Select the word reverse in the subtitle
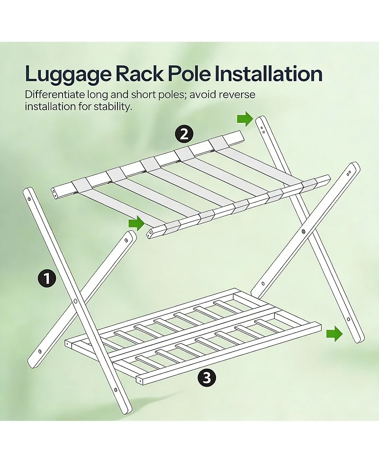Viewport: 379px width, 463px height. [x=237, y=94]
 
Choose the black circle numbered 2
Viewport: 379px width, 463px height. [x=183, y=134]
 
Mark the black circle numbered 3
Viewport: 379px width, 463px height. [x=207, y=378]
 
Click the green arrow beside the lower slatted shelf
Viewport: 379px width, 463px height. [x=334, y=334]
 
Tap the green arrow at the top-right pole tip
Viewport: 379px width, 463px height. [x=245, y=119]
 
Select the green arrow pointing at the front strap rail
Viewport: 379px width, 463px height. [x=136, y=224]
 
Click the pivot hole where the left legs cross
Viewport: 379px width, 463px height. [x=75, y=301]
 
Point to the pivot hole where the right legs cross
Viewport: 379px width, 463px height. [x=303, y=232]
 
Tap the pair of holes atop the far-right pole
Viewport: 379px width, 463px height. [x=350, y=173]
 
